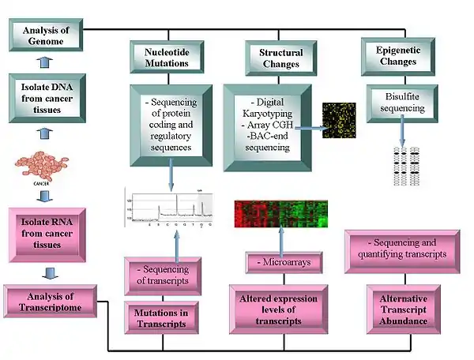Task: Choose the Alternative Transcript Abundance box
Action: coord(403,309)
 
